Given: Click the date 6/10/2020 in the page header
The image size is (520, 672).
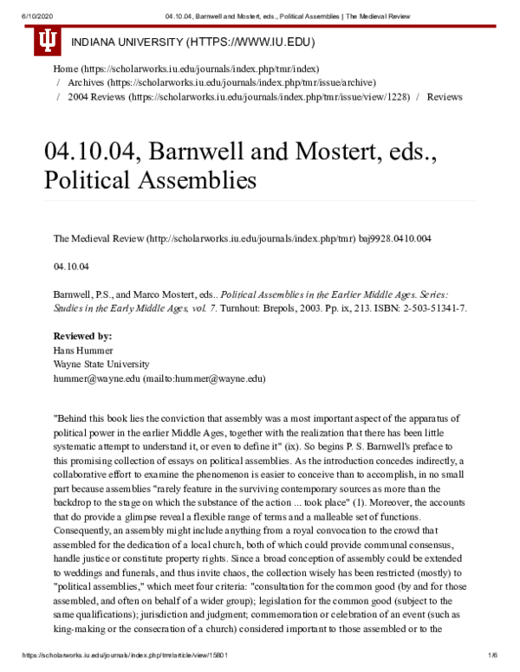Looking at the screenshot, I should pos(21,15).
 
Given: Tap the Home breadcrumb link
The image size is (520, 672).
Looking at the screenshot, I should pos(65,68).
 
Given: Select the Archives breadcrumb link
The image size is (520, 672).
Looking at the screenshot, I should pos(87,82).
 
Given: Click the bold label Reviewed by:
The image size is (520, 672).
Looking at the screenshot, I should pos(82,334).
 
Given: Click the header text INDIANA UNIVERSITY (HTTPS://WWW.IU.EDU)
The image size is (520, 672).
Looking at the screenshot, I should pos(192,42).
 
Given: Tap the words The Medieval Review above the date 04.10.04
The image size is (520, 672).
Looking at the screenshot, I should pos(95,236).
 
